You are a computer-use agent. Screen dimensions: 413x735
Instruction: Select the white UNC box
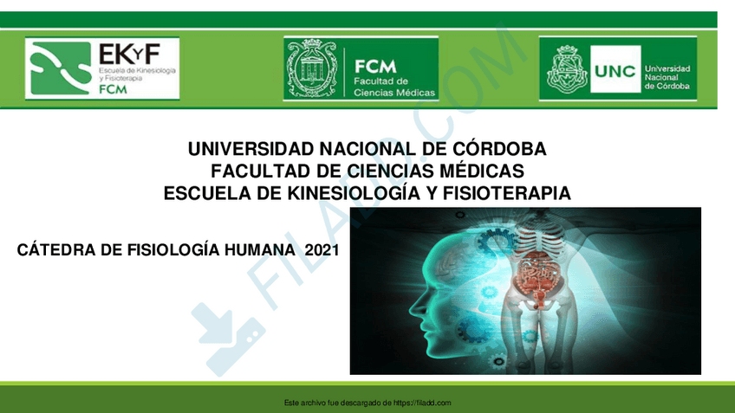615,69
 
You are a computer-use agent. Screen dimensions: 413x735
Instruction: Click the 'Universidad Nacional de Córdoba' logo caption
667,77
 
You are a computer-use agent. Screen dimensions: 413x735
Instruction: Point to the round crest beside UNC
567,69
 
